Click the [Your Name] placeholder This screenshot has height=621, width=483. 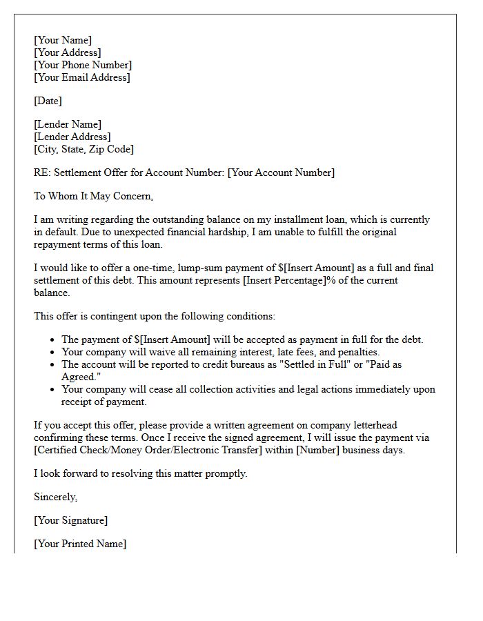click(62, 40)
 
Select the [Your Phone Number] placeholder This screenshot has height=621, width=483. click(82, 65)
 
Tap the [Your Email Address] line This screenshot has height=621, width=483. click(81, 77)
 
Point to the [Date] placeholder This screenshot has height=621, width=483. click(48, 101)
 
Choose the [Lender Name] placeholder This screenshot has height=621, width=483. click(67, 124)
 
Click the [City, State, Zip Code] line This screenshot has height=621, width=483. click(83, 149)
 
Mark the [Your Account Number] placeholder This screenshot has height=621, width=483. click(281, 172)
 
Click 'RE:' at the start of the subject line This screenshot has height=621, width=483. click(42, 172)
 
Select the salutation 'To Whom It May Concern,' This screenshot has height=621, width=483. click(93, 196)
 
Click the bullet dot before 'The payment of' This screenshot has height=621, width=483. click(54, 339)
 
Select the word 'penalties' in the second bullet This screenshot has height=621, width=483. click(354, 352)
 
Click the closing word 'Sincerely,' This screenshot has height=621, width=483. click(56, 497)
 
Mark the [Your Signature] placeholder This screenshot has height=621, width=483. click(70, 520)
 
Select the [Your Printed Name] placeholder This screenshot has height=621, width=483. click(80, 544)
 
